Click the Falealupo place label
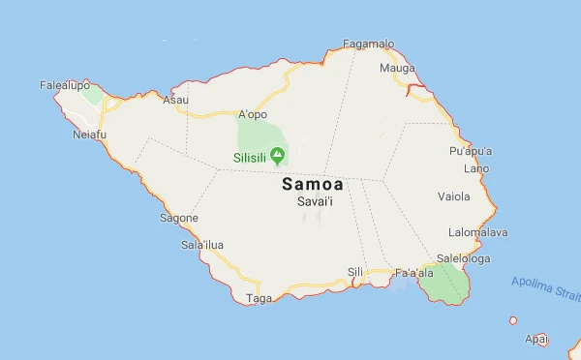tap(64, 85)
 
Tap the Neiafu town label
tap(90, 135)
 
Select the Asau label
tap(175, 100)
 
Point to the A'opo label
tap(252, 113)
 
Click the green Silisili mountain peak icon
tap(278, 155)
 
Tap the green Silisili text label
tap(249, 156)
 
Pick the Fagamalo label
tap(369, 44)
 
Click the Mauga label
tap(397, 69)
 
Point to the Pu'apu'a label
tap(471, 152)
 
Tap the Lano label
tap(476, 168)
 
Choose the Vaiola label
tap(453, 196)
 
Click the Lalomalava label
tap(478, 232)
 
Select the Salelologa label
tap(463, 258)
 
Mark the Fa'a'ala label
tap(413, 274)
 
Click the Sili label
tap(355, 272)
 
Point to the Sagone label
tap(179, 218)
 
